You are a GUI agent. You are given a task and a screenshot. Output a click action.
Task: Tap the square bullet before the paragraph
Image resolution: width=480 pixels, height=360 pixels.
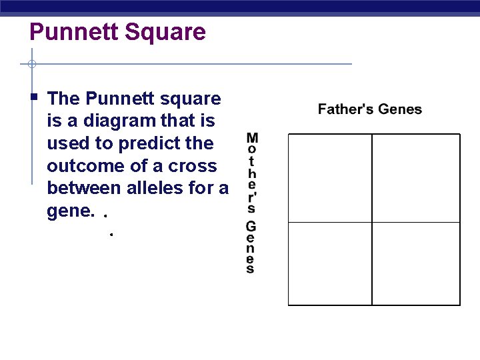coord(34,97)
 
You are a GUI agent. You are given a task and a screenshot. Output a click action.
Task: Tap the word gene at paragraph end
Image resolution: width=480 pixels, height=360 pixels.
coord(67,211)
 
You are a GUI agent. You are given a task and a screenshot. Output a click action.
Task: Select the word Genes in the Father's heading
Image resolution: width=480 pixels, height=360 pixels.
coord(400,109)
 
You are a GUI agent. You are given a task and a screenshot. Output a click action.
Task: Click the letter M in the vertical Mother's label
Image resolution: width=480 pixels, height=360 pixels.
coord(252,139)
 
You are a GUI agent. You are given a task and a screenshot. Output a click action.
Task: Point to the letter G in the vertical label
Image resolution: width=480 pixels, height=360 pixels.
coord(251,227)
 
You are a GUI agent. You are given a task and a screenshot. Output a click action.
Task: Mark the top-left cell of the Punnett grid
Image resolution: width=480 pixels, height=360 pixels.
coord(330,178)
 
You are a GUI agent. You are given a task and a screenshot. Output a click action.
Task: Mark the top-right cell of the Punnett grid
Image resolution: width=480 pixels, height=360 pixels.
coord(416,178)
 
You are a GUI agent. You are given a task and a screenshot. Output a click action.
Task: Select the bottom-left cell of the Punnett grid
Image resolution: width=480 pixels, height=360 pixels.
coord(330,263)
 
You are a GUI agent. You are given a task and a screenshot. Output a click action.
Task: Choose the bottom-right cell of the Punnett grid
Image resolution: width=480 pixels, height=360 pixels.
coord(416,263)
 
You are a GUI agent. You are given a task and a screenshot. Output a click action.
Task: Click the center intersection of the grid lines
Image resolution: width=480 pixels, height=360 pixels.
coord(372,222)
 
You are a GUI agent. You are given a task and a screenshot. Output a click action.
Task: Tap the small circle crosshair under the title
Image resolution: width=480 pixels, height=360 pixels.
coord(31,65)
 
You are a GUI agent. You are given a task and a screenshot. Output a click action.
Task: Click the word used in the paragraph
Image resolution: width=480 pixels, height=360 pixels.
coord(65,143)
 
